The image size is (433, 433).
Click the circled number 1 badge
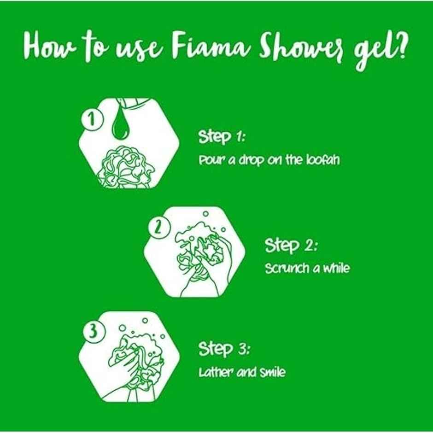[x=92, y=121]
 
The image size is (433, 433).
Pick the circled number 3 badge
[x=93, y=332]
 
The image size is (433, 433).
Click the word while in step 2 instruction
[x=336, y=269]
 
